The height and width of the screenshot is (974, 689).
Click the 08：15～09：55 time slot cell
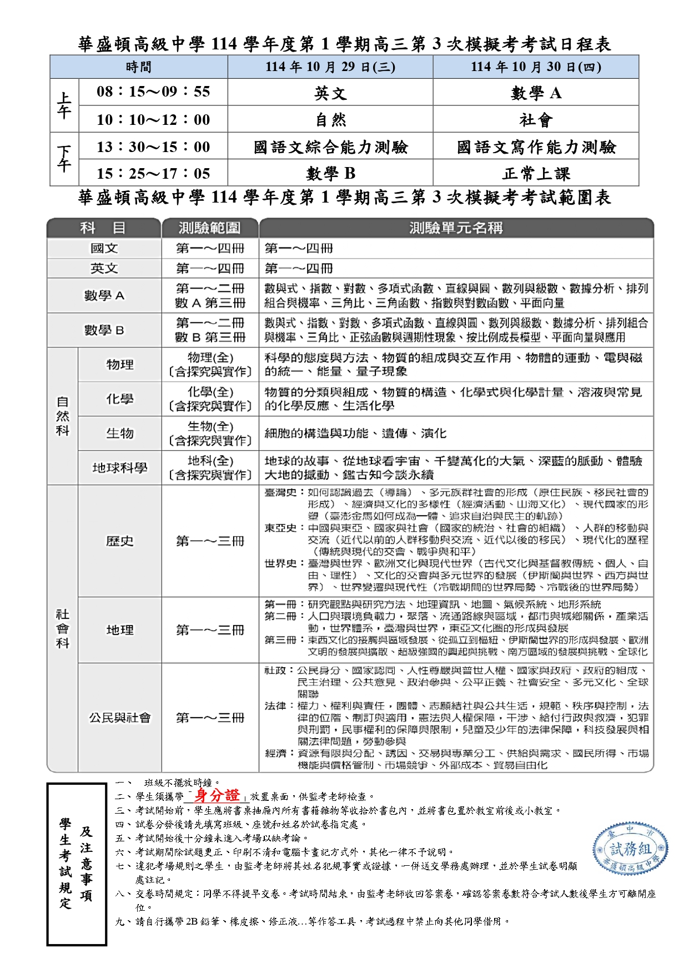click(x=153, y=92)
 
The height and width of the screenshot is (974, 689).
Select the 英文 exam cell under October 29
click(x=330, y=93)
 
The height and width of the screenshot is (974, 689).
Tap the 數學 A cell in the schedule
click(x=536, y=93)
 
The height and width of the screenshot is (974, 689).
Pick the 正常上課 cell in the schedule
click(x=536, y=174)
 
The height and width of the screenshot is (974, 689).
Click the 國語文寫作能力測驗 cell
click(x=536, y=147)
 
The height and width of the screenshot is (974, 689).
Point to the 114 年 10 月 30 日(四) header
click(x=536, y=67)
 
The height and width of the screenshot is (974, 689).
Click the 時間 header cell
click(x=139, y=67)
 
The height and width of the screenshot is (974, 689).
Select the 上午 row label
click(x=64, y=105)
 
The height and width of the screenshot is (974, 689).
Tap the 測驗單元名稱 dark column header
click(x=456, y=228)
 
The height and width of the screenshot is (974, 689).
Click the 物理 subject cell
click(x=120, y=365)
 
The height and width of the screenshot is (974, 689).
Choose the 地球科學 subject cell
click(x=120, y=468)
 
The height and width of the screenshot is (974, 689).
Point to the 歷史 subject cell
click(x=120, y=541)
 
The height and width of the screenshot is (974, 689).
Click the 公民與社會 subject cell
click(x=120, y=718)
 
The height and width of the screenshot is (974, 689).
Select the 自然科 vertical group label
click(x=63, y=416)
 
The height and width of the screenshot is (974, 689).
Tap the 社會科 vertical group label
click(x=63, y=629)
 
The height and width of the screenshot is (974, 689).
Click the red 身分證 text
click(x=217, y=795)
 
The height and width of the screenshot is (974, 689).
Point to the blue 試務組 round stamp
click(x=630, y=850)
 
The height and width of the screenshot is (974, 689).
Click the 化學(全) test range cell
click(x=210, y=398)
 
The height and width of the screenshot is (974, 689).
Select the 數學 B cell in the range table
click(x=104, y=330)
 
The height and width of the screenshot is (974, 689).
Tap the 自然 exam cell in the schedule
click(x=330, y=119)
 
